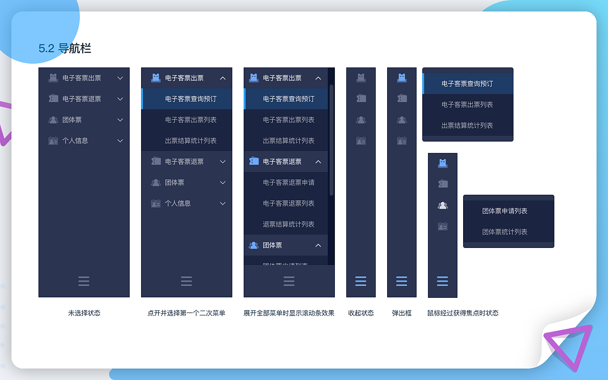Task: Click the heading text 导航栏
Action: [75, 48]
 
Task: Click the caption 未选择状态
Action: [84, 313]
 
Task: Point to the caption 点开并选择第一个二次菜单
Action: [186, 313]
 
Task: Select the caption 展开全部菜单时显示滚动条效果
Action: [289, 313]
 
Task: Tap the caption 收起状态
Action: [361, 313]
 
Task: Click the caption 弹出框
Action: [402, 313]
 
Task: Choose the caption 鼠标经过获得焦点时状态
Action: [463, 313]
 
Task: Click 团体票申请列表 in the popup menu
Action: [504, 211]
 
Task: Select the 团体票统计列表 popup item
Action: [504, 232]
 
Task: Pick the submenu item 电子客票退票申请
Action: [289, 182]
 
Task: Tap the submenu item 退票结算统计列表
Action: [289, 224]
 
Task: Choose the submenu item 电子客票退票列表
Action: [289, 203]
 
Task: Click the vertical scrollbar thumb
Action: [332, 140]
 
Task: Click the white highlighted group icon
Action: [443, 205]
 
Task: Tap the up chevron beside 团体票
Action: [318, 245]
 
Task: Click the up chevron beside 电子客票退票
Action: [318, 161]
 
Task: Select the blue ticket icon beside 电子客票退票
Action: [254, 161]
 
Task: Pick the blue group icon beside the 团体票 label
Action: [253, 245]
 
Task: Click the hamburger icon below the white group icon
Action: [442, 281]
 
